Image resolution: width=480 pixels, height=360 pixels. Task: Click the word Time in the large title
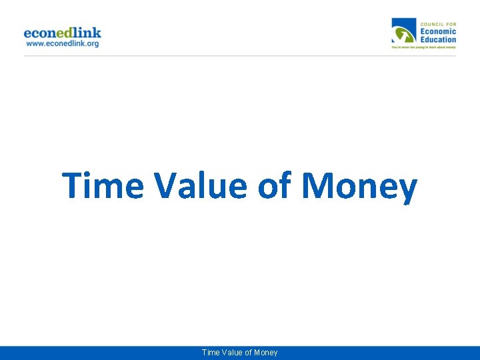point(103,186)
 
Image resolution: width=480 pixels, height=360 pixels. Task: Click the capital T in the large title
point(73,186)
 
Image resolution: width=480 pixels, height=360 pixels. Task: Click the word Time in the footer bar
point(210,353)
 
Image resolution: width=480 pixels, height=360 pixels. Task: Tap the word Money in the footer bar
point(265,353)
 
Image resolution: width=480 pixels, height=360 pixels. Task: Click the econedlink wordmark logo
point(62,33)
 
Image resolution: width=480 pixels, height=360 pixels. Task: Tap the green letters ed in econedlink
point(69,33)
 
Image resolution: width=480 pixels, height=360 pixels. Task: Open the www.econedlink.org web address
point(62,44)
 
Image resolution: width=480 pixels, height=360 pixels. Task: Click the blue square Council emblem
point(403,31)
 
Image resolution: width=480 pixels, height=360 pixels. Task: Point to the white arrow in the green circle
point(401,34)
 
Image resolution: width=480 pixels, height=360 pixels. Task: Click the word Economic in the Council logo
point(438,31)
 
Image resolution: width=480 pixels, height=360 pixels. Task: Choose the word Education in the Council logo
point(438,39)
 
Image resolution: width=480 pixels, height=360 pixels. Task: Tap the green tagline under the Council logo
point(423,48)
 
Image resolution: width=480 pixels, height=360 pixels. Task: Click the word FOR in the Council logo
point(450,24)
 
